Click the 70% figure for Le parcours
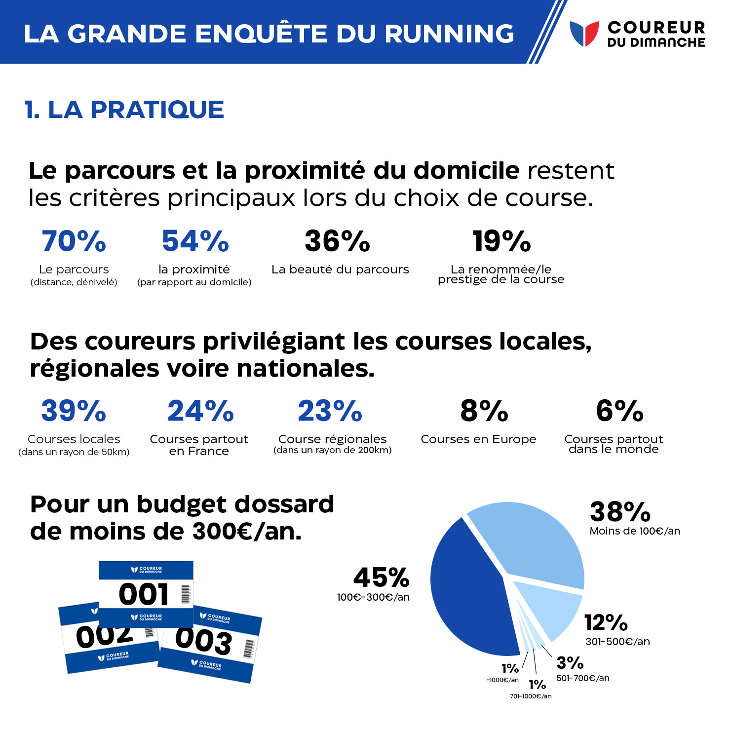point(74,241)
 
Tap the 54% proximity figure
point(195,241)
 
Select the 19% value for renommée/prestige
point(501,241)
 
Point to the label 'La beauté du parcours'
point(340,269)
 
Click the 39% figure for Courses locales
point(74,411)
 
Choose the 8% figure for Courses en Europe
point(484,411)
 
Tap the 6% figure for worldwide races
point(619,411)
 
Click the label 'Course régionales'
point(332,439)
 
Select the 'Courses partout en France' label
point(199,445)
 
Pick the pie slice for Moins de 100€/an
point(533,543)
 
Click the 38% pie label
point(620,512)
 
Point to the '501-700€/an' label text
point(582,678)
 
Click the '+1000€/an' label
point(502,680)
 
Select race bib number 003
point(203,641)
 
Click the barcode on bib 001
point(186,594)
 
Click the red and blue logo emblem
point(584,34)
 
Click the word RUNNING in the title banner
point(449,34)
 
